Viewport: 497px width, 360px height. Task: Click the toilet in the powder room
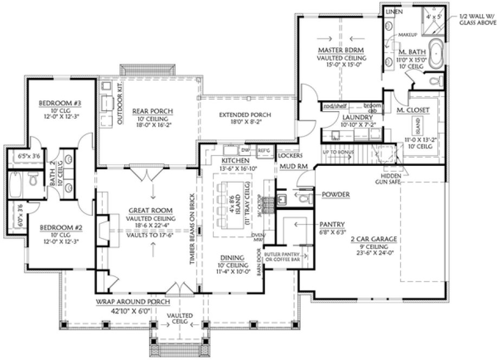[x=304, y=198]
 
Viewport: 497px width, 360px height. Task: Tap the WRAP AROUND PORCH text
[x=134, y=301]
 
